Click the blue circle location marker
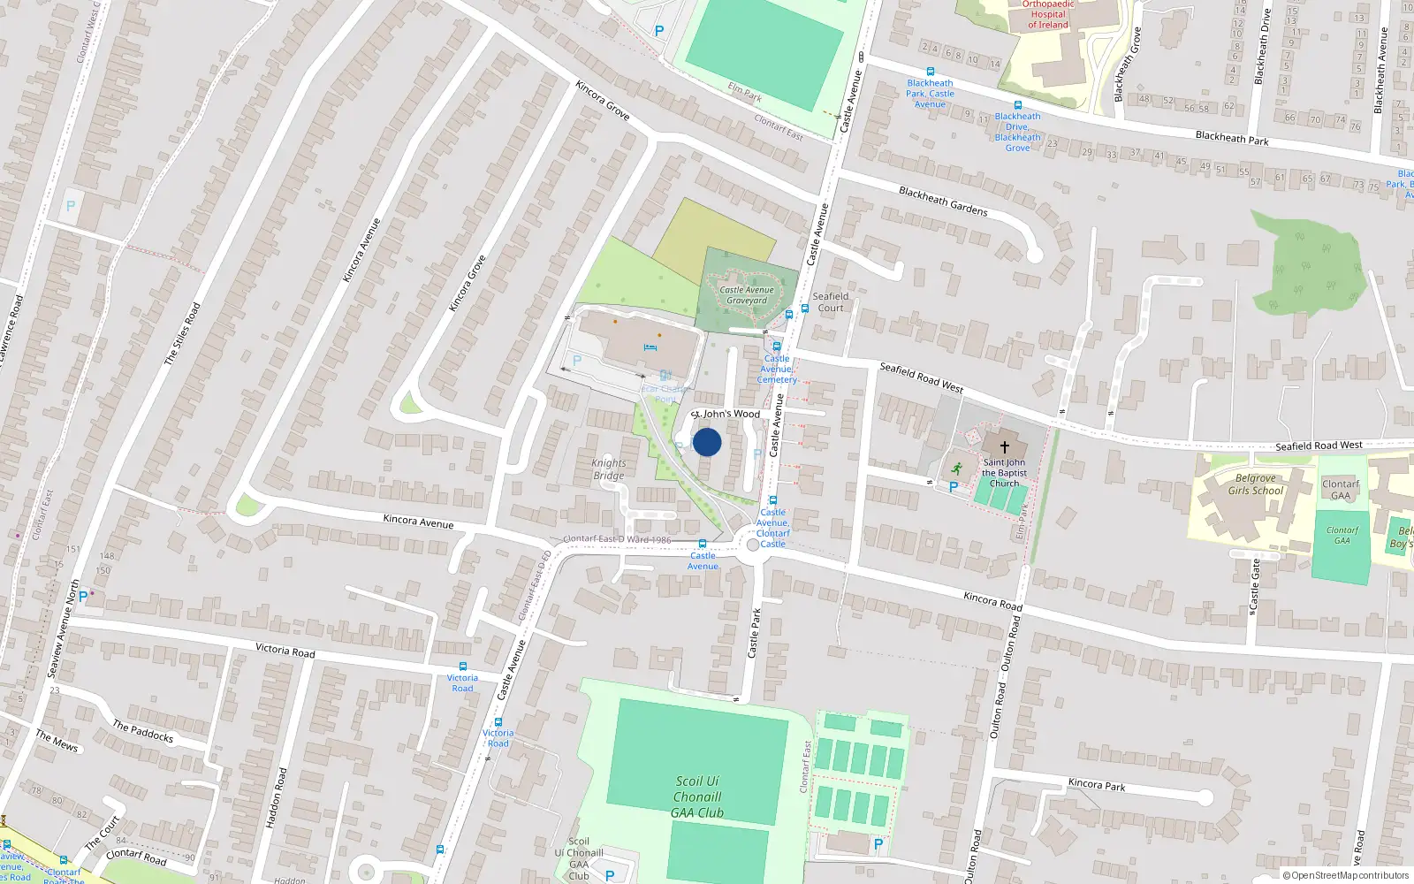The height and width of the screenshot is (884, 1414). point(707,442)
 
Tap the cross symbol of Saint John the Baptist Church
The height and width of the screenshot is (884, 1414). point(1004,447)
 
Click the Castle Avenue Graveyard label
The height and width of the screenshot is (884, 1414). point(747,295)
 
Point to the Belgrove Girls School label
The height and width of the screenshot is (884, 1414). point(1255,484)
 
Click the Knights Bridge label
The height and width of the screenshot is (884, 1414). point(608,469)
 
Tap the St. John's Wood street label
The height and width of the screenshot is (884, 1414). point(726,414)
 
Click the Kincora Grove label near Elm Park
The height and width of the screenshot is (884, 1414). point(602,100)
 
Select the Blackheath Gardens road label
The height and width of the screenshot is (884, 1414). point(943,202)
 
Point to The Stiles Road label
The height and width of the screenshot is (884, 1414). point(182,334)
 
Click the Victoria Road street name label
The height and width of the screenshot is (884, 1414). point(285,650)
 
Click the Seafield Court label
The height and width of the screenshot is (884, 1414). point(830,302)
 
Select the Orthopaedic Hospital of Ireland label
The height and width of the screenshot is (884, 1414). point(1048,14)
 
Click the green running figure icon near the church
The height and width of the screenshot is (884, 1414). point(956,468)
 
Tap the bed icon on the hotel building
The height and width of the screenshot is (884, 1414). point(650,347)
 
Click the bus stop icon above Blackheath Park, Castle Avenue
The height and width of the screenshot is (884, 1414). point(930,72)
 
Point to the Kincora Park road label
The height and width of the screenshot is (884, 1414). point(1096,784)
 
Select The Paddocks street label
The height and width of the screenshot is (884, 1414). point(142,731)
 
